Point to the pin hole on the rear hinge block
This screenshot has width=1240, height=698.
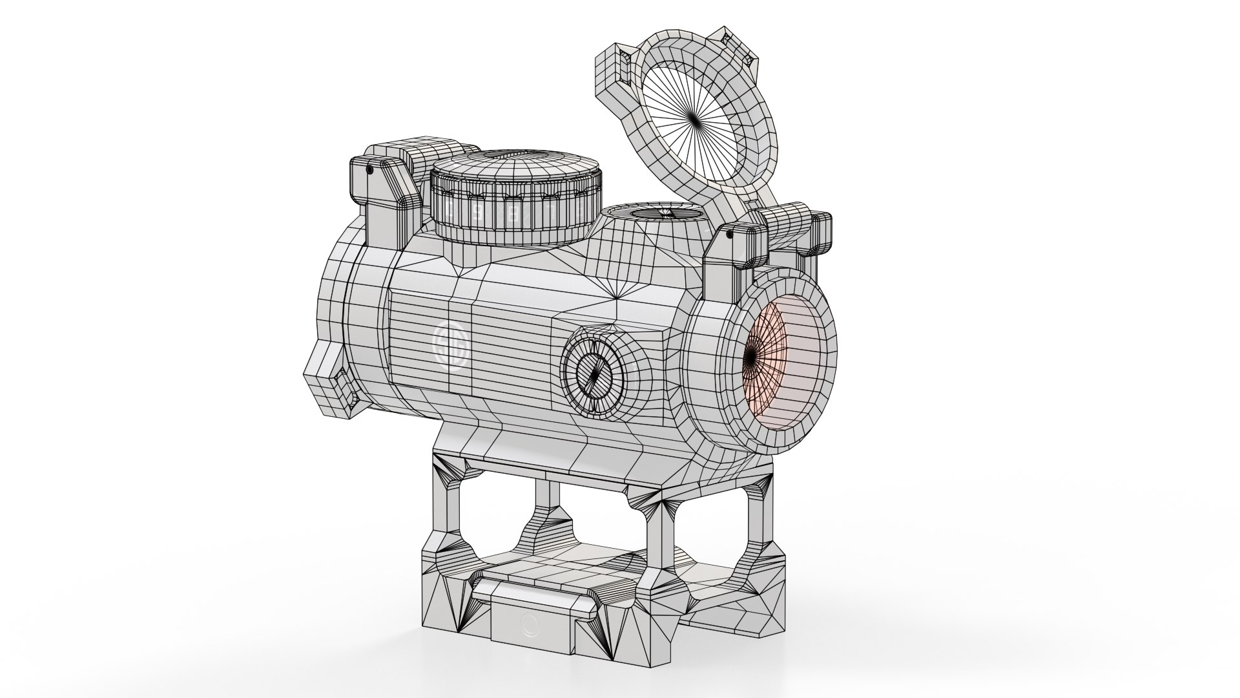[369, 169]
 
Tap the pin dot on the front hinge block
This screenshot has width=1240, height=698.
[728, 237]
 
